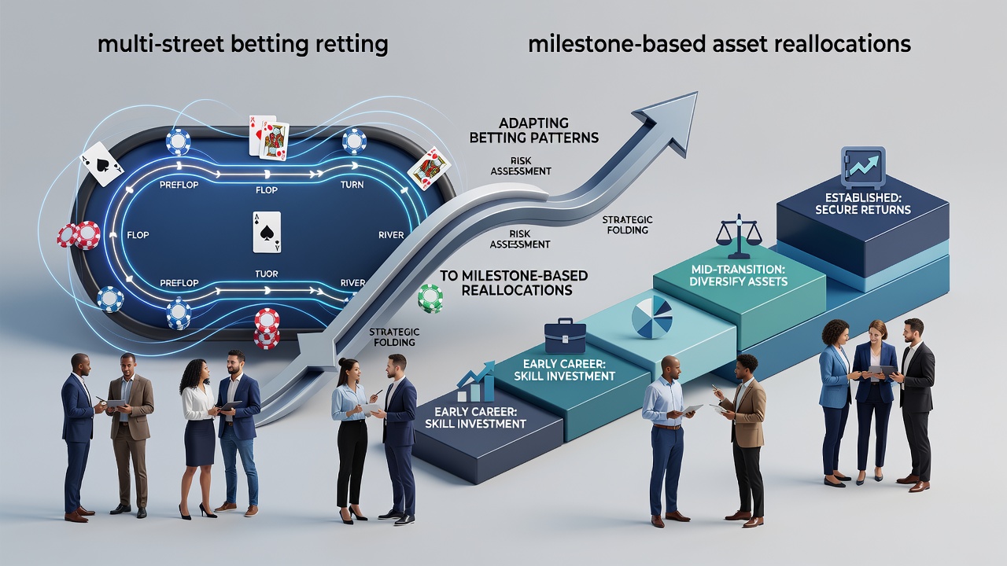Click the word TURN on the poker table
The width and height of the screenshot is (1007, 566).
click(x=352, y=184)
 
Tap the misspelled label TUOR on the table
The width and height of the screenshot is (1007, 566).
click(x=266, y=274)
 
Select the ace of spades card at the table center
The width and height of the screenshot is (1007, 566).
click(x=267, y=232)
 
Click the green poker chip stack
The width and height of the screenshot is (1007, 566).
click(x=430, y=298)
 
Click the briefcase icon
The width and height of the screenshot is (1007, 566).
click(x=565, y=336)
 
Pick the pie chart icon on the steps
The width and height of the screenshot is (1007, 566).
click(x=652, y=317)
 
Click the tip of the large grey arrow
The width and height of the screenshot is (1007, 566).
click(x=697, y=92)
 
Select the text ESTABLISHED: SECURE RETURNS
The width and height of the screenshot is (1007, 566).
click(x=863, y=204)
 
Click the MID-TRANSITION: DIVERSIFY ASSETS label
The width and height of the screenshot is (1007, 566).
click(x=739, y=275)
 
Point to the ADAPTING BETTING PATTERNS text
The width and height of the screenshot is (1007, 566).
click(x=534, y=130)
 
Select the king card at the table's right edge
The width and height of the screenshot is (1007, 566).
click(x=429, y=168)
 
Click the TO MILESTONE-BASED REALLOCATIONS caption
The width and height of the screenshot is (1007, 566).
click(x=514, y=282)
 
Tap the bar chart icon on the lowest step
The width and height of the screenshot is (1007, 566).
click(x=476, y=382)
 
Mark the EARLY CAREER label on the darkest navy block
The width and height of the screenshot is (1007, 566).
click(x=475, y=417)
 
